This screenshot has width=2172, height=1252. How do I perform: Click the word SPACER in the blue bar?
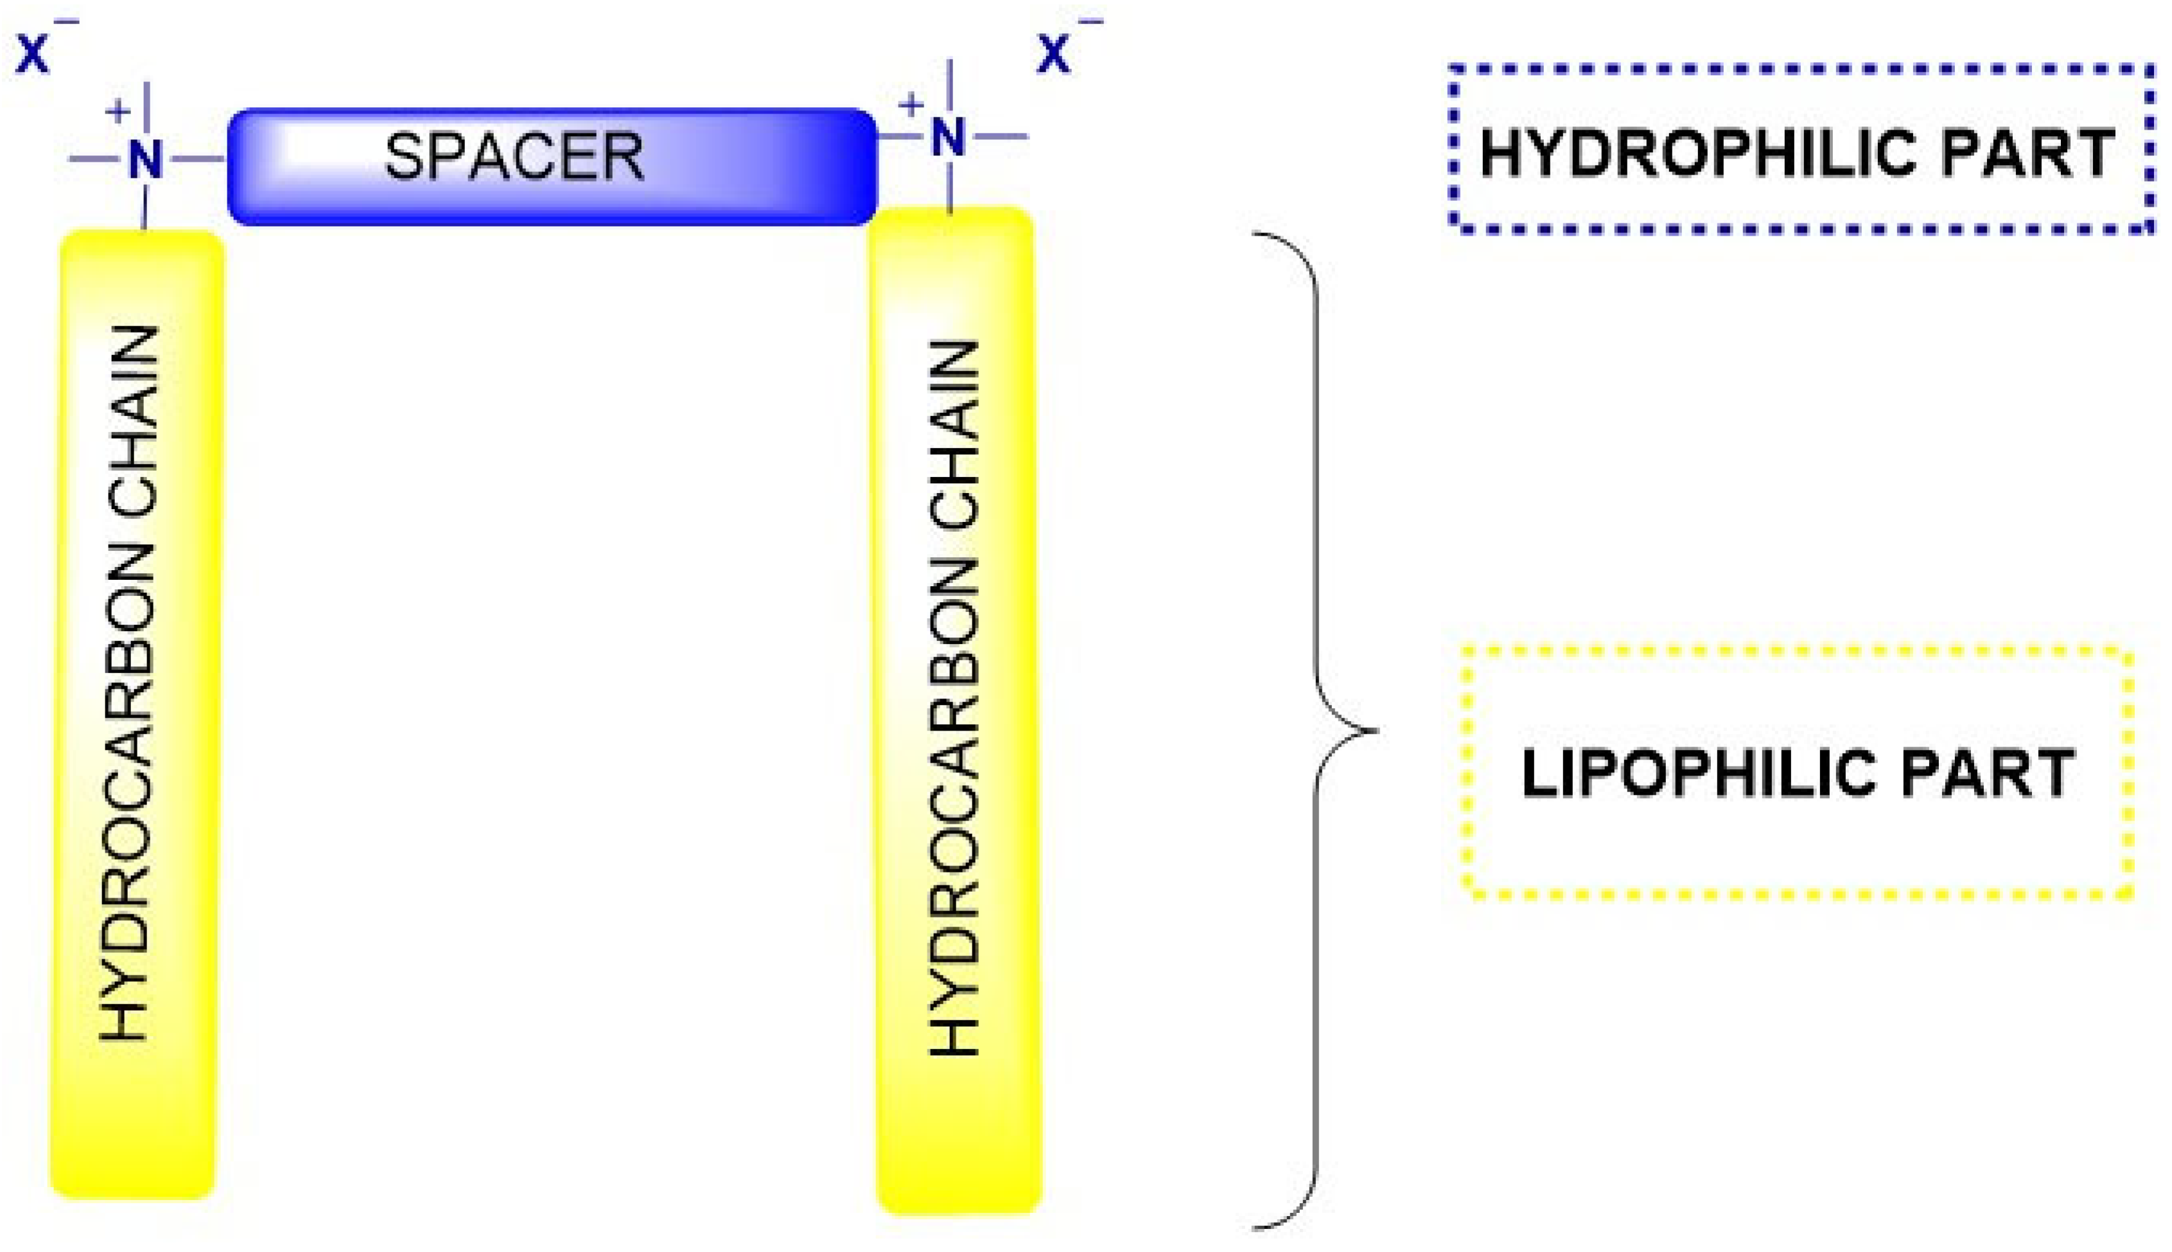point(513,157)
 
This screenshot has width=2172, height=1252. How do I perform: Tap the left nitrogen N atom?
point(145,159)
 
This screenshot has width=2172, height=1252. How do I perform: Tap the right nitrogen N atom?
point(949,137)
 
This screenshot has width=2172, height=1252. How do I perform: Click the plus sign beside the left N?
point(118,110)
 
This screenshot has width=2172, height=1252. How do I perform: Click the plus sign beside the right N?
point(910,105)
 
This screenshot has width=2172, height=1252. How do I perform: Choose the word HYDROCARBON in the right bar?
point(954,808)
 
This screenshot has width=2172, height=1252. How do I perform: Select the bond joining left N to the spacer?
point(198,159)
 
